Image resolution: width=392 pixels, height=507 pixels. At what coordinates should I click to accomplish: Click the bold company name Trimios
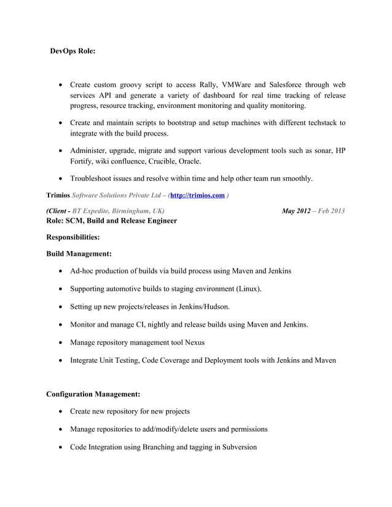tap(58, 195)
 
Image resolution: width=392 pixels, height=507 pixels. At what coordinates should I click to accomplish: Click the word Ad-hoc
tap(83, 271)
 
